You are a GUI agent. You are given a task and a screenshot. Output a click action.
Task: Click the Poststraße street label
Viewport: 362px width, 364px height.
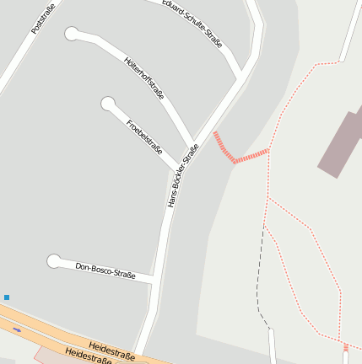pyautogui.click(x=41, y=18)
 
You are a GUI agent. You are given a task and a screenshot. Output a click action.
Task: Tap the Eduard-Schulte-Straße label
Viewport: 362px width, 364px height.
pyautogui.click(x=193, y=24)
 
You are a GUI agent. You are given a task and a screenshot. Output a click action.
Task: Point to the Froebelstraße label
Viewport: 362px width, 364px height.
pyautogui.click(x=144, y=136)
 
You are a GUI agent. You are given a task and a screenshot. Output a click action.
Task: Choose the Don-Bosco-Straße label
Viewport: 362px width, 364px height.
pyautogui.click(x=105, y=269)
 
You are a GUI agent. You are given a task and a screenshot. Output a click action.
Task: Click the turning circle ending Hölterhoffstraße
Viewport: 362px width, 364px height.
pyautogui.click(x=72, y=34)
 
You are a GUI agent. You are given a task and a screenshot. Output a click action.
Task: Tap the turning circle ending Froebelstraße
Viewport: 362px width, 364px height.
pyautogui.click(x=108, y=104)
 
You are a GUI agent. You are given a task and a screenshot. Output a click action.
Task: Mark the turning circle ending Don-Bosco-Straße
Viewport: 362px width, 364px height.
pyautogui.click(x=55, y=261)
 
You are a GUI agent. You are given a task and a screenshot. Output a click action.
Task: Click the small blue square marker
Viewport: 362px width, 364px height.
pyautogui.click(x=7, y=297)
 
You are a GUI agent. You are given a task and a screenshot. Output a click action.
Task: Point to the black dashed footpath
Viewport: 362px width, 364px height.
pyautogui.click(x=261, y=278)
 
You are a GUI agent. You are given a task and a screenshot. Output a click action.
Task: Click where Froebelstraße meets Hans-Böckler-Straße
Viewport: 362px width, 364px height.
pyautogui.click(x=181, y=165)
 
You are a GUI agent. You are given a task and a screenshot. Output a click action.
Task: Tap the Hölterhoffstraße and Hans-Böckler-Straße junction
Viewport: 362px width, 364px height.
pyautogui.click(x=195, y=142)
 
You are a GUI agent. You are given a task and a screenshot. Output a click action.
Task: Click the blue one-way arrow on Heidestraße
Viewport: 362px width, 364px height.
pyautogui.click(x=18, y=329)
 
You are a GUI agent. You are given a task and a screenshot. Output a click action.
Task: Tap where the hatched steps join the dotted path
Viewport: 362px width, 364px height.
pyautogui.click(x=268, y=151)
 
